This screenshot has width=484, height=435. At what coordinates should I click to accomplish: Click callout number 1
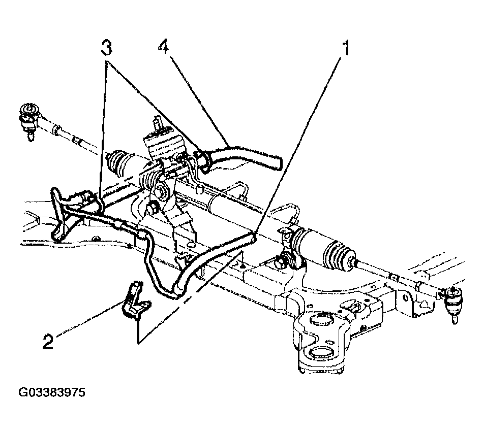point(346,47)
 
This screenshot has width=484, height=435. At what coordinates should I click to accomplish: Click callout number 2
point(48,341)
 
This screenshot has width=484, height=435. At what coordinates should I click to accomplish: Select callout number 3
point(106,47)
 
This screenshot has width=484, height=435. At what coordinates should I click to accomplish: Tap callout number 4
point(164,47)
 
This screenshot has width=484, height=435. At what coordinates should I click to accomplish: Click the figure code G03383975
point(52,392)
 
